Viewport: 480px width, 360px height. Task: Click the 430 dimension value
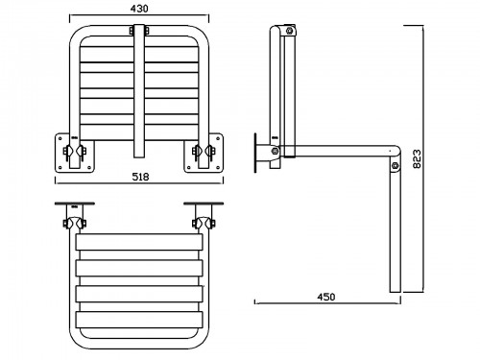click(139, 9)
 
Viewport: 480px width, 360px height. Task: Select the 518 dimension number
click(140, 177)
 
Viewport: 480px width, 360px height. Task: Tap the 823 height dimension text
click(417, 159)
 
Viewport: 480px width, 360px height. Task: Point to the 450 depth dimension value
click(326, 297)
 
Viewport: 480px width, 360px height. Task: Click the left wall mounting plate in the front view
click(75, 153)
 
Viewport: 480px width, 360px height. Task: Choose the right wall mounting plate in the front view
click(204, 153)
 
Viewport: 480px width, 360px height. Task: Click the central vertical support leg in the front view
click(139, 91)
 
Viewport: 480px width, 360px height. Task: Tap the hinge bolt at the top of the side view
click(290, 31)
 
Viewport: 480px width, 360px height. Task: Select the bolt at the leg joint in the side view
click(395, 165)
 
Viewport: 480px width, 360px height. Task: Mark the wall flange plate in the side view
click(255, 153)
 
